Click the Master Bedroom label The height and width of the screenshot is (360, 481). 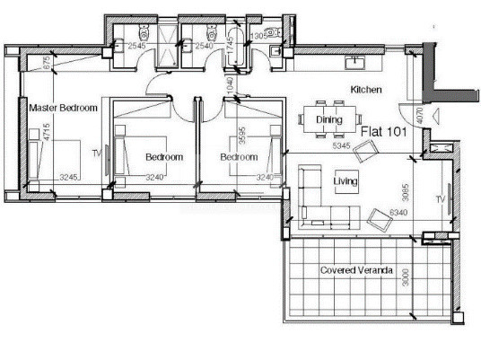63,108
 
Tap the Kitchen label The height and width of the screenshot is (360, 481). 366,91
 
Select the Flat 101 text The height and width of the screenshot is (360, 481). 384,132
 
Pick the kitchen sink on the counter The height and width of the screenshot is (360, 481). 356,62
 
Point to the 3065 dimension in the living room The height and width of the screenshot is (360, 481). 407,190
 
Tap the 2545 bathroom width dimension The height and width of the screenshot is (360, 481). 136,45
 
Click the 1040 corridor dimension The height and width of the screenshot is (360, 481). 231,85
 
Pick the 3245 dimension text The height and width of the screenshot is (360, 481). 69,178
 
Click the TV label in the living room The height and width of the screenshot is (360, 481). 440,198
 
